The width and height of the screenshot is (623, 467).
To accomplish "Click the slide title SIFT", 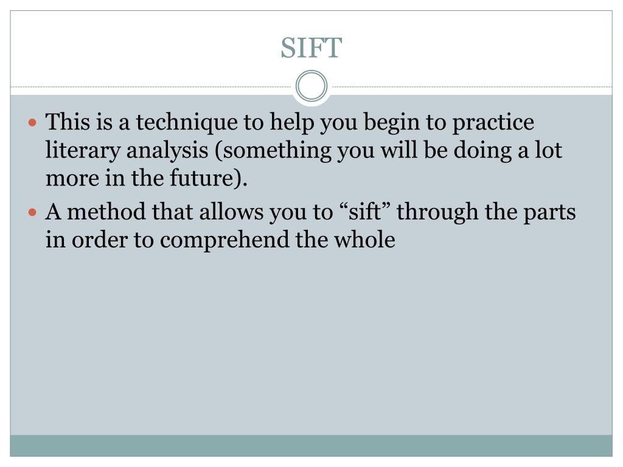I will (311, 49).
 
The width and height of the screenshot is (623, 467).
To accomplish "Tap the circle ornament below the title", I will (311, 86).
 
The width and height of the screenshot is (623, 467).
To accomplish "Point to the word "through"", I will (436, 213).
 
